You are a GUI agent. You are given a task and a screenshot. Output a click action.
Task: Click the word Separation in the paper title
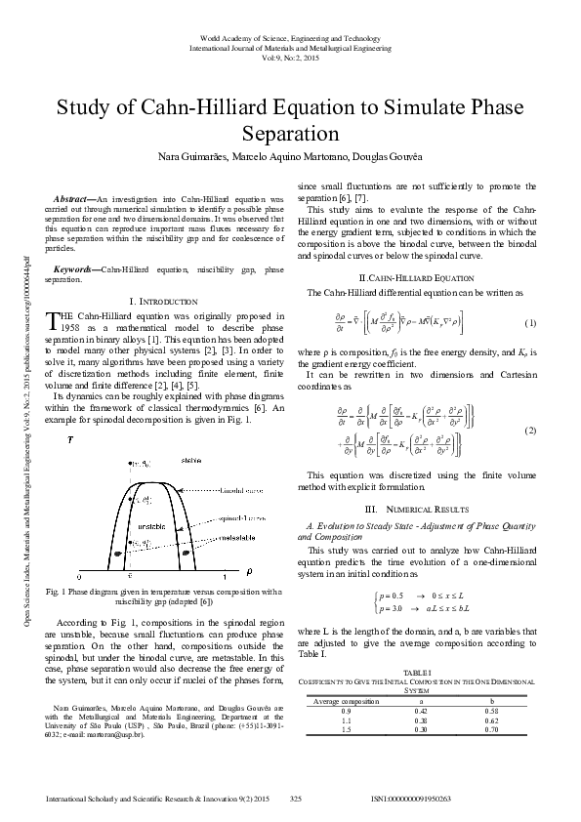coord(290,132)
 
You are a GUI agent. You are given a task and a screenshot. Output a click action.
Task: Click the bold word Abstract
coord(74,198)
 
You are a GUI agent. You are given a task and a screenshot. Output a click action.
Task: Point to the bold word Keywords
coord(76,268)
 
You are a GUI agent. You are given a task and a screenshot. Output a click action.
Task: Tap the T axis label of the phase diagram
coord(69,440)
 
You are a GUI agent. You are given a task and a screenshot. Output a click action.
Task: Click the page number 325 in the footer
coord(296,799)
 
